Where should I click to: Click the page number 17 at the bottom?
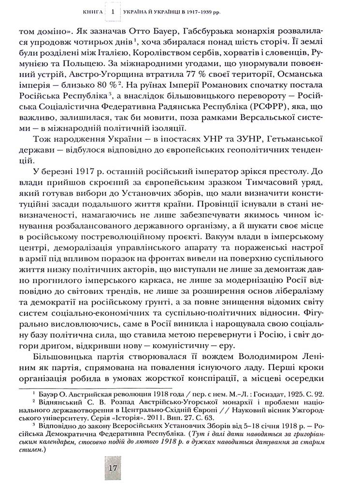click(x=113, y=468)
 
